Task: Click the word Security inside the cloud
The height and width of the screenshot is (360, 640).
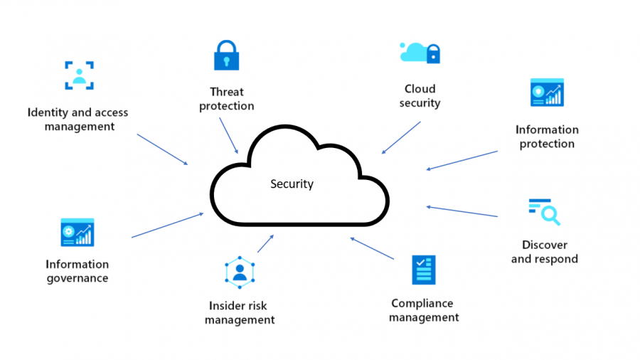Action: coord(292,184)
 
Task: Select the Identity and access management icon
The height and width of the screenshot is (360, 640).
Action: coord(79,75)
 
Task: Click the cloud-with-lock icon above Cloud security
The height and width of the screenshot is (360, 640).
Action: coord(420,53)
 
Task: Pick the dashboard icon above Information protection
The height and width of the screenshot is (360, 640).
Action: coord(547,92)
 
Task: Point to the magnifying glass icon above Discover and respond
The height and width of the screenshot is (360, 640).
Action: coord(545,212)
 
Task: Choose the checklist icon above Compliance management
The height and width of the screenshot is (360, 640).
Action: coord(424,270)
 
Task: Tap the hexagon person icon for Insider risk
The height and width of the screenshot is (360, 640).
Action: coord(240,272)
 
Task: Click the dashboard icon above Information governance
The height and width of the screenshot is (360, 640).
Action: coord(78,232)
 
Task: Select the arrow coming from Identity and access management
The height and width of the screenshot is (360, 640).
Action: coord(162,149)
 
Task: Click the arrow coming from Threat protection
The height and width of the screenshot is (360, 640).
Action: coord(228,135)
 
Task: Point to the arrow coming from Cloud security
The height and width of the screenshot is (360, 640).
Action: coord(401,137)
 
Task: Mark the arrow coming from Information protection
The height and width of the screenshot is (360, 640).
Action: coord(462,160)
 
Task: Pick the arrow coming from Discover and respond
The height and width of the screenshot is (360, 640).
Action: coord(462,211)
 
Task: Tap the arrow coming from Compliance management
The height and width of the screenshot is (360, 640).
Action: coord(372,248)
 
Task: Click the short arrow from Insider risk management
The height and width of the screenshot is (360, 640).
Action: coord(265,243)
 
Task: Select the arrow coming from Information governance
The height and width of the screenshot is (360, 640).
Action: coord(167,225)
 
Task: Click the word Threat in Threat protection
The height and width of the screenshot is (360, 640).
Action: coord(227,92)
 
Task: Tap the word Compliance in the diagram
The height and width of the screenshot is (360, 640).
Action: coord(422,304)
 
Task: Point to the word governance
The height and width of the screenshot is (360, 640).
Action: coord(78,279)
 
